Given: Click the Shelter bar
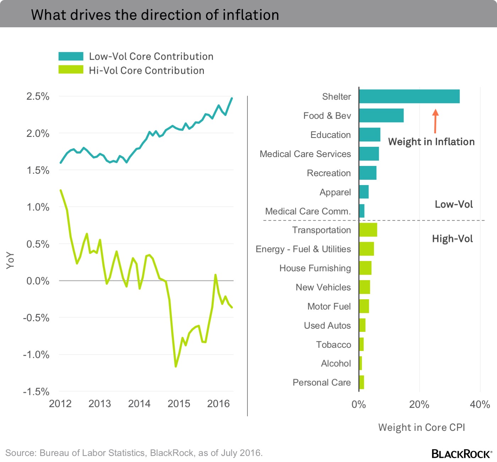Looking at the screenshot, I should click(409, 96).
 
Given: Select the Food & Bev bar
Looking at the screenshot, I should click(381, 116).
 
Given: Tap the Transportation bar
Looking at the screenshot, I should click(368, 230).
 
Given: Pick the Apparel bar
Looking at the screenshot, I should click(364, 192).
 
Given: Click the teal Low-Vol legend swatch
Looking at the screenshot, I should click(71, 56).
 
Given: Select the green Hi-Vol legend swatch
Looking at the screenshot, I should click(71, 70).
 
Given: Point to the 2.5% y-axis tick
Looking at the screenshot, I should click(38, 96).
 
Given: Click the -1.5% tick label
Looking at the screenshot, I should click(36, 391).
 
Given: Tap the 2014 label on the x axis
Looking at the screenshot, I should click(139, 404).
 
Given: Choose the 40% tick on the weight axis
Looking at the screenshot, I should click(480, 405).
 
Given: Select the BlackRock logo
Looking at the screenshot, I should click(461, 454).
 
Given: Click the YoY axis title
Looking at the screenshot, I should click(10, 260).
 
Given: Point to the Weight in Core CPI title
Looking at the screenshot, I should click(421, 428).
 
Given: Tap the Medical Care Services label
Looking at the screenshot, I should click(305, 154).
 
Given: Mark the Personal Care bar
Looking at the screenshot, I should click(361, 382).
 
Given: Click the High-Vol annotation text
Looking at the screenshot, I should click(452, 239).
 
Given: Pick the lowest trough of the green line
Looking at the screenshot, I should click(176, 366).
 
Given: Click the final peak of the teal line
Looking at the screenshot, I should click(232, 98).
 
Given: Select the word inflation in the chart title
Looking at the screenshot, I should click(251, 15).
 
